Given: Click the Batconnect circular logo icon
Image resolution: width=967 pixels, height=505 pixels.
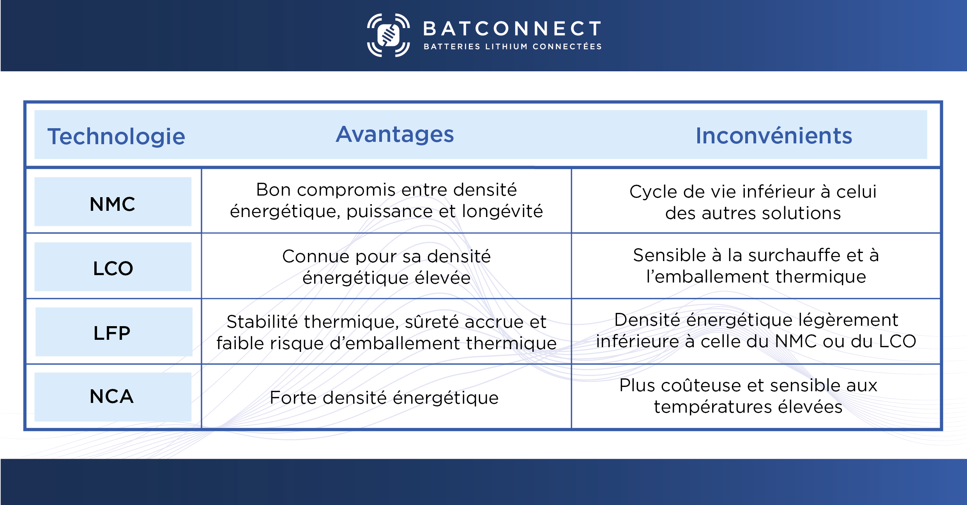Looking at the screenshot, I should click(388, 35).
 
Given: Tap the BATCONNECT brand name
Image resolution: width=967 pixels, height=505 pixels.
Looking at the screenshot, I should click(512, 29).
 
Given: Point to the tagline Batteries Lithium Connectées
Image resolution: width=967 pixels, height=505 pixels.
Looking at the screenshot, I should click(513, 47).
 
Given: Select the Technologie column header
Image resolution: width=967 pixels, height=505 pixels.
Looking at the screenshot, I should click(116, 136).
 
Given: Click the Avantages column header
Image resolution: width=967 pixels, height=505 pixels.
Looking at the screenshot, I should click(395, 134).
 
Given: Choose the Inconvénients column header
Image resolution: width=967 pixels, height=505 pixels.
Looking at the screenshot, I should click(774, 136).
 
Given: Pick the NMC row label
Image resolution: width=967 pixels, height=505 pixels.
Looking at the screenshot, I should click(112, 204).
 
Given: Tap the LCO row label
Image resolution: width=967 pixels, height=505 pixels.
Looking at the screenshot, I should click(113, 268).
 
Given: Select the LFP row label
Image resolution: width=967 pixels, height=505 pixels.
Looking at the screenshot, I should click(112, 333).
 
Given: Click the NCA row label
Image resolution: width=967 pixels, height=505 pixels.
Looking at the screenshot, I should click(112, 397).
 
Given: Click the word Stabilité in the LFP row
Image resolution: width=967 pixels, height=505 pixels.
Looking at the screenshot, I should click(262, 322).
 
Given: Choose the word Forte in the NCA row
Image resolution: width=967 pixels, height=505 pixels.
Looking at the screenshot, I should click(289, 398).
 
